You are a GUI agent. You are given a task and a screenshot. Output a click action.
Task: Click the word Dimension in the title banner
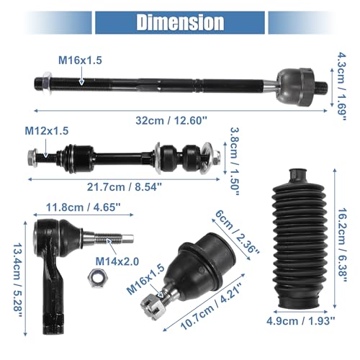click(180, 22)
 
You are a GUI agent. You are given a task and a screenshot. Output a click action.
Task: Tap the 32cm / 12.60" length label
click(171, 120)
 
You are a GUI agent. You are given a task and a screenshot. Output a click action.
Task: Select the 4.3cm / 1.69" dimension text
click(341, 86)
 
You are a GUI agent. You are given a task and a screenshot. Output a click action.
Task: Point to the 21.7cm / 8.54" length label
click(125, 187)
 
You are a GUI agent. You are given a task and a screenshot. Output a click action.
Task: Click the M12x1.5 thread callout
click(47, 131)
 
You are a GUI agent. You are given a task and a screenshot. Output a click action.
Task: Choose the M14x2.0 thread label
click(117, 261)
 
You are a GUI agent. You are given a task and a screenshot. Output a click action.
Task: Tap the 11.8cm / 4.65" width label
click(83, 207)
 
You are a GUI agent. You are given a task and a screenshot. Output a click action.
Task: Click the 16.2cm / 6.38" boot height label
click(342, 245)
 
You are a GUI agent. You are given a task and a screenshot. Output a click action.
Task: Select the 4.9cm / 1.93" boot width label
click(300, 321)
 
